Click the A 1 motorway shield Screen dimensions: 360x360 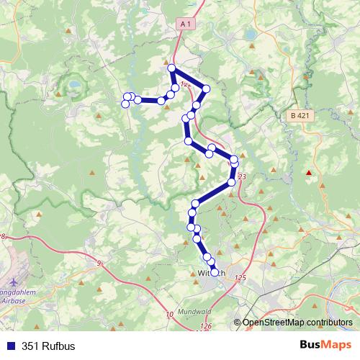point(186,24)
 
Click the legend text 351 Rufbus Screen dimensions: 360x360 point(48,346)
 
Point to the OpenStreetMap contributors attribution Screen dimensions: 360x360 point(297,322)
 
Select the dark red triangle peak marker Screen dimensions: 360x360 point(309,172)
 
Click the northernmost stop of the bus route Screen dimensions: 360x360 point(172,68)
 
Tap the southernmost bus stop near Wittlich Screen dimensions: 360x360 point(214,272)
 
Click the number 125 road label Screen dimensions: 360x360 point(240,277)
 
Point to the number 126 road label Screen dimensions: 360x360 point(207,326)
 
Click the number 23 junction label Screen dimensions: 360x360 point(241,176)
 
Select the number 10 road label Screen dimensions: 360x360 point(169,315)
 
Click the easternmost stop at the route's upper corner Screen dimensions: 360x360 point(206,89)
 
